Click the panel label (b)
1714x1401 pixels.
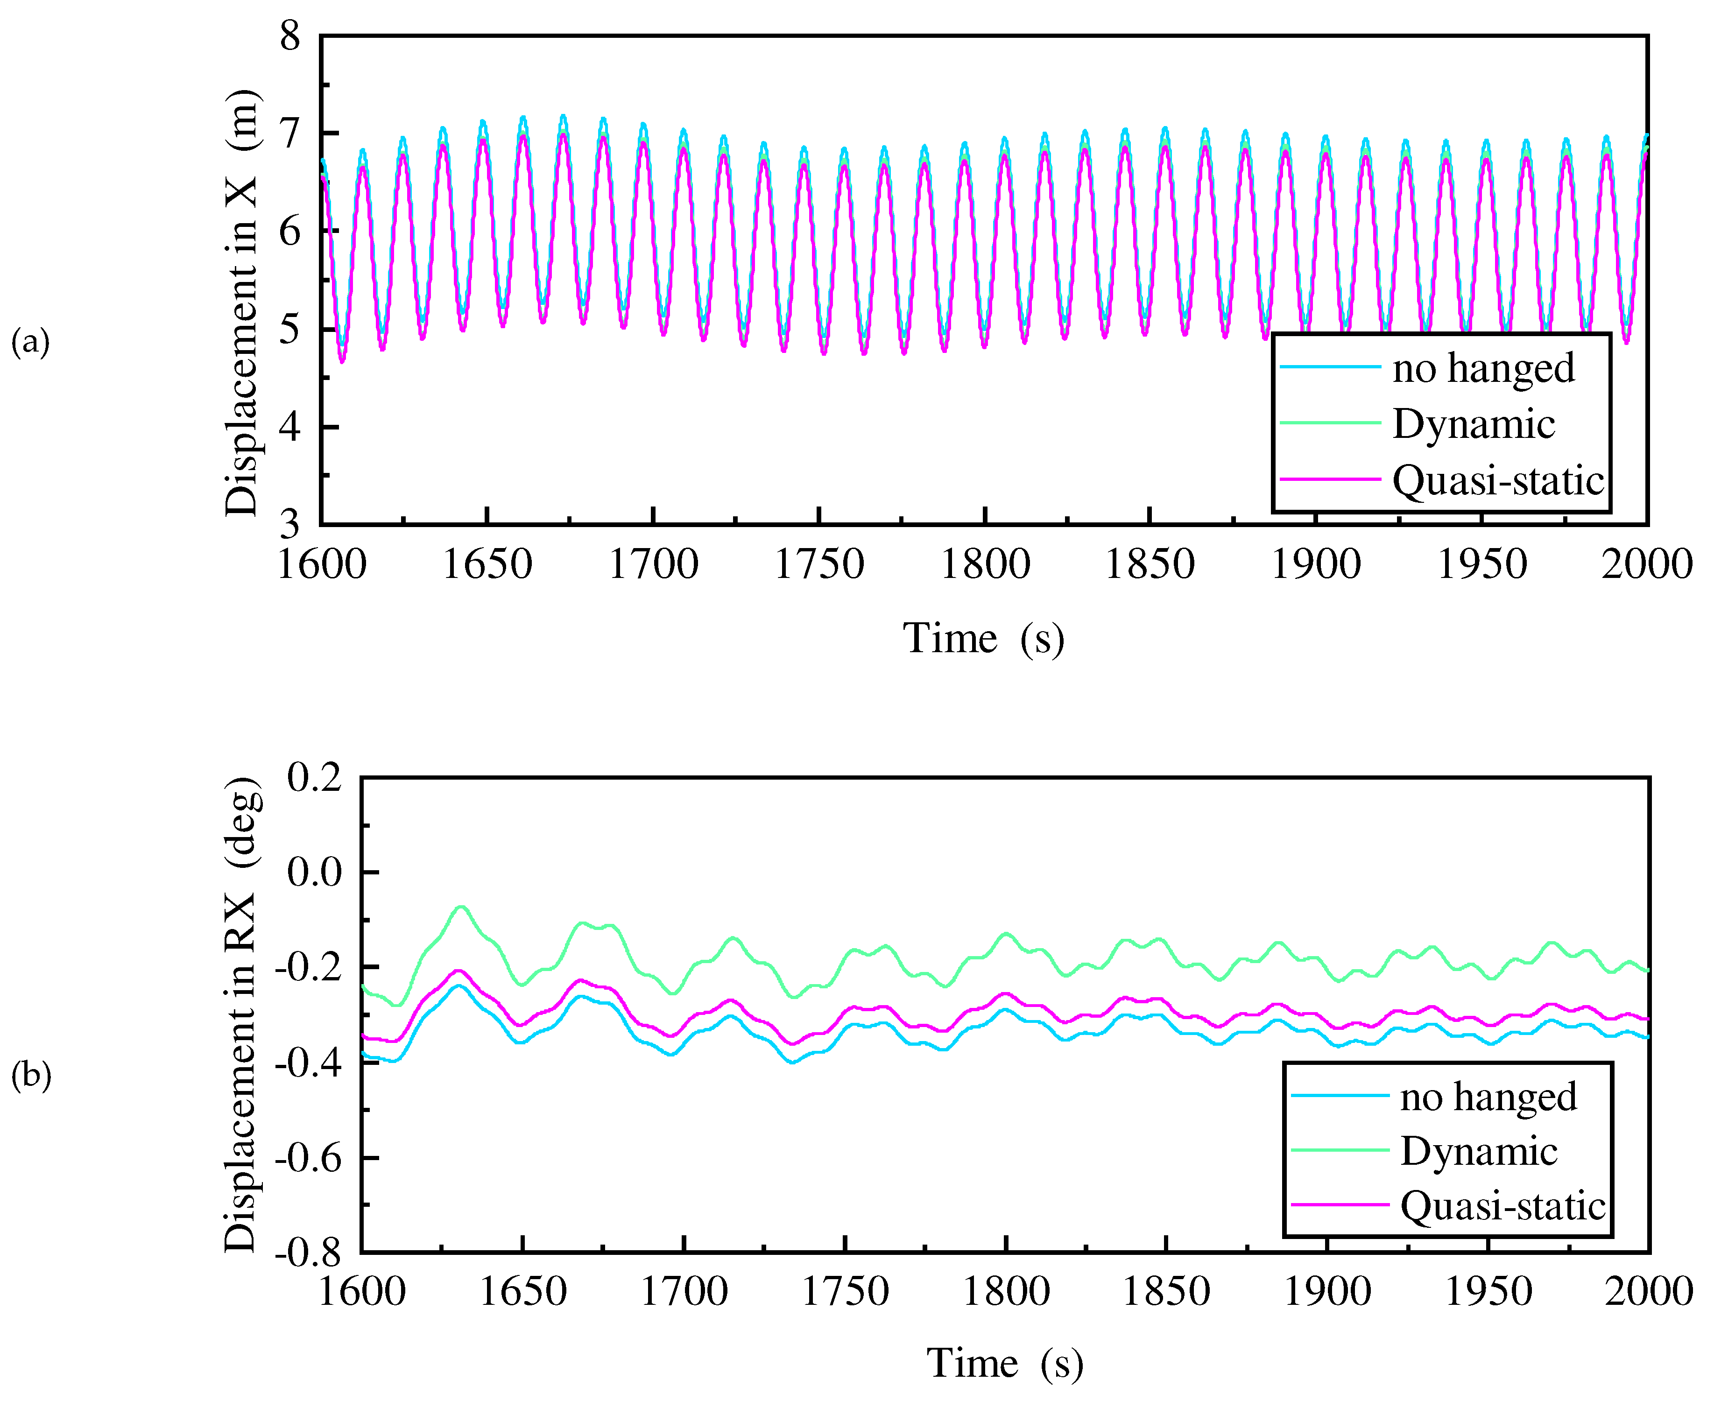(x=31, y=1075)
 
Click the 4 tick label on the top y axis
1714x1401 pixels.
(x=289, y=427)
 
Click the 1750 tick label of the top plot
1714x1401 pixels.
(x=819, y=564)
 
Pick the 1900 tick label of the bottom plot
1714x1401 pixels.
(x=1326, y=1291)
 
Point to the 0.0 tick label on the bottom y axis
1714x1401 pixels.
(x=315, y=873)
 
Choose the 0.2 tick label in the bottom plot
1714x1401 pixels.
(x=315, y=778)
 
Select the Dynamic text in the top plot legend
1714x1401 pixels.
(x=1474, y=424)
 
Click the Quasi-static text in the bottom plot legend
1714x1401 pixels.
(x=1502, y=1206)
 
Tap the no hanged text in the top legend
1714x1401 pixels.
(x=1483, y=368)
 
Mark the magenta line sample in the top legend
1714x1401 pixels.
(x=1330, y=479)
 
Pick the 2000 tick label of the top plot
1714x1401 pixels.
(x=1646, y=564)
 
